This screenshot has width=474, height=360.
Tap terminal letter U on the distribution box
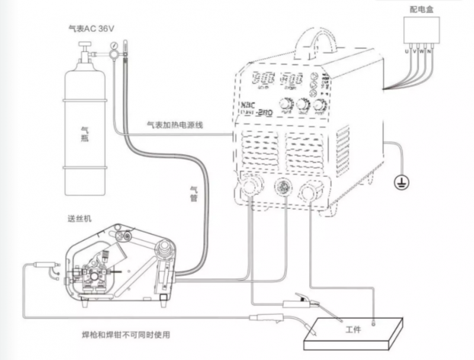point(406,53)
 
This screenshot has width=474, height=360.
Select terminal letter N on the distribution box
point(430,53)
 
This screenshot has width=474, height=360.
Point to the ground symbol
point(401,183)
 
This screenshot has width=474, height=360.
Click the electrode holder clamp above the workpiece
point(302,304)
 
